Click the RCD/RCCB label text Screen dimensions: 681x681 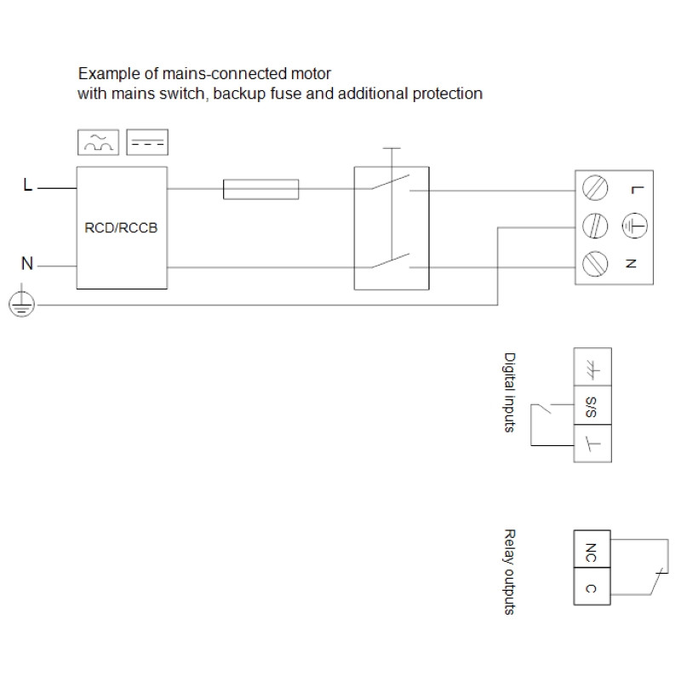[121, 227]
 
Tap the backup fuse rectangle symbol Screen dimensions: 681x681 [260, 189]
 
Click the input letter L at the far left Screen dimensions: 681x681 [28, 185]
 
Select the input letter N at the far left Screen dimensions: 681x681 [27, 263]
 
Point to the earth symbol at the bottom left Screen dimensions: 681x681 [21, 303]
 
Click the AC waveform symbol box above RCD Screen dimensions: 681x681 [98, 142]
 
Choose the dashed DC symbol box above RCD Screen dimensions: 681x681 [147, 142]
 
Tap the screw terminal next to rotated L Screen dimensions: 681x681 [594, 188]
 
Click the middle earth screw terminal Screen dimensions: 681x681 [594, 226]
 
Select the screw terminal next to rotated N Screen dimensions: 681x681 [594, 264]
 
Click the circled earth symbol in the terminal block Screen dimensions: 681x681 [634, 226]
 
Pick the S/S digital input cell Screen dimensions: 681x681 [592, 405]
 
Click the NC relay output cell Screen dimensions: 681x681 [592, 549]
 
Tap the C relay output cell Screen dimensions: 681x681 [592, 587]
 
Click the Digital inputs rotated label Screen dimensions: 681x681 [509, 392]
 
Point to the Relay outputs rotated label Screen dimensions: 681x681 [509, 572]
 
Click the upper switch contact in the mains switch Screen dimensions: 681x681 [390, 182]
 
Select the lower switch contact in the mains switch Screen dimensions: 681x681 [390, 260]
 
